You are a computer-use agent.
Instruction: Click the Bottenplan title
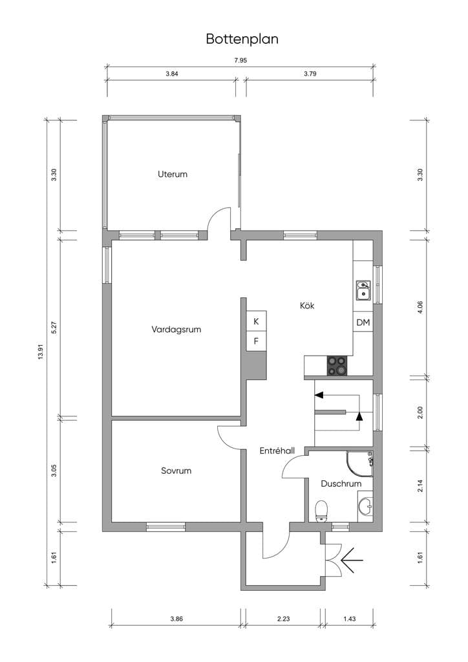(242, 39)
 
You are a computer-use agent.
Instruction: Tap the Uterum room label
(173, 174)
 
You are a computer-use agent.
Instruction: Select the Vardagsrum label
(176, 329)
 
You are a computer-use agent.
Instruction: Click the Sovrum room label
(176, 471)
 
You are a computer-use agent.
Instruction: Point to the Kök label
(307, 305)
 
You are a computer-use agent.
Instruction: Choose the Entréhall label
(277, 451)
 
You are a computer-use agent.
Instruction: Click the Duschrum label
(341, 484)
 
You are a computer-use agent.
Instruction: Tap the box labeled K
(256, 321)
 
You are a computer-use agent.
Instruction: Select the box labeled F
(256, 341)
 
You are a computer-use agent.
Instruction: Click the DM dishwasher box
(363, 323)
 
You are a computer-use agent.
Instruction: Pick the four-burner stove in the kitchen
(337, 366)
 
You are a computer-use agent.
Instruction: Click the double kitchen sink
(363, 290)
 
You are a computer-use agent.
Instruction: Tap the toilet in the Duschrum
(322, 511)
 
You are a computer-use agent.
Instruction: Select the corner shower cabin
(359, 464)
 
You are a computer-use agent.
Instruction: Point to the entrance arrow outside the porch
(351, 561)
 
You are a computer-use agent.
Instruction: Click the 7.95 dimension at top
(240, 60)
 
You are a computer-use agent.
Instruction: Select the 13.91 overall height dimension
(41, 352)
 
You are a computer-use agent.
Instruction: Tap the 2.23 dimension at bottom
(284, 619)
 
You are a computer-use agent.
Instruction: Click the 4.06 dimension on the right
(420, 307)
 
